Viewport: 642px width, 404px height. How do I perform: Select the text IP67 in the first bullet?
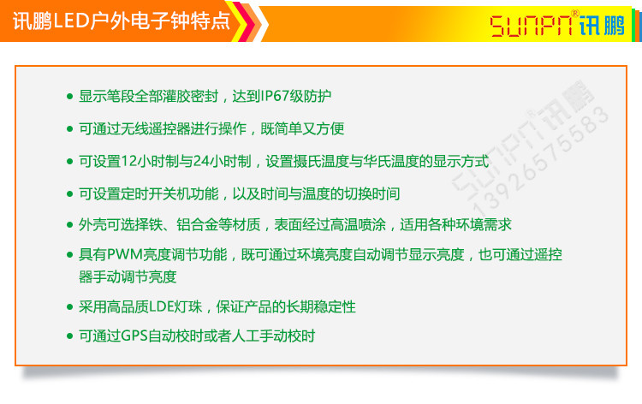pyautogui.click(x=276, y=96)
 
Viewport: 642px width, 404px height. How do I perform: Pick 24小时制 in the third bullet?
pyautogui.click(x=223, y=161)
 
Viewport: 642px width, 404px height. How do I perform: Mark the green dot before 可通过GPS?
pyautogui.click(x=69, y=337)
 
